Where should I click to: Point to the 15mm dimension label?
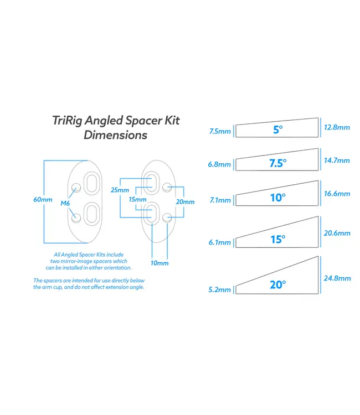coord(137,199)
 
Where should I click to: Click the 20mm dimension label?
coord(185,202)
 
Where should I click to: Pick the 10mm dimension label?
coord(160,263)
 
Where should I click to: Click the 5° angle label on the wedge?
coord(277,130)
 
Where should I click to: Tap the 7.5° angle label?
coord(277,163)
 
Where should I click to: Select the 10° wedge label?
coord(277,198)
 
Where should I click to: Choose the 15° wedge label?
coord(277,240)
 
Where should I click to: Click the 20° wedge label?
coord(277,284)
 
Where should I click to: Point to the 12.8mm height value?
coord(336,127)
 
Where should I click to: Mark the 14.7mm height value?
coord(336,160)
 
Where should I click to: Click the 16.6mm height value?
coord(336,194)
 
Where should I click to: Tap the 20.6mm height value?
coord(336,234)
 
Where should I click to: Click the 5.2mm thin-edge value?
coord(220,289)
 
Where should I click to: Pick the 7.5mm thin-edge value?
coord(220,132)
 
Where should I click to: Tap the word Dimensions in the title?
coord(115,135)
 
